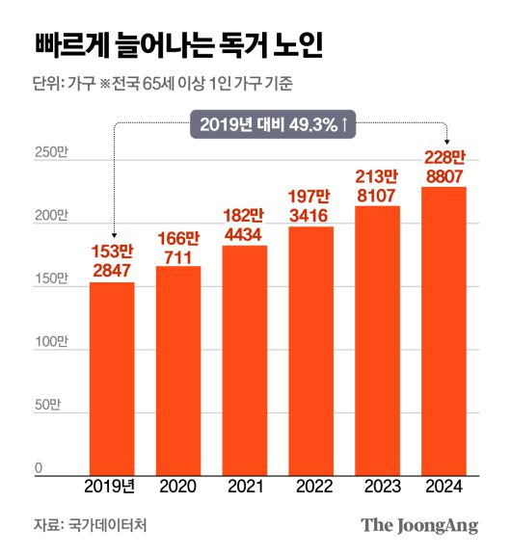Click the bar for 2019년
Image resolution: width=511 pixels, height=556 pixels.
point(112,379)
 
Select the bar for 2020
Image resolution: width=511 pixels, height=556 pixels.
point(178,371)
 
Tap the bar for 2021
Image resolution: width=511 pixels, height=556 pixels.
point(245,361)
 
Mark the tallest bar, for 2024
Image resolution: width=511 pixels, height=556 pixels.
point(444,331)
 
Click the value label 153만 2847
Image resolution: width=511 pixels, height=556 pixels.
point(112,261)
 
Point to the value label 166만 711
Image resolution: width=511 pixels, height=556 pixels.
point(178,245)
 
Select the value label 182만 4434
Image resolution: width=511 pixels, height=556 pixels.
point(245,225)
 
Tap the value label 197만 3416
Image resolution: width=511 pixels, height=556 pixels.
point(311,206)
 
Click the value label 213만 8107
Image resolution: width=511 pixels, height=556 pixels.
point(377,185)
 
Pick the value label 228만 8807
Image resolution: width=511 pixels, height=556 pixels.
point(444,166)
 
